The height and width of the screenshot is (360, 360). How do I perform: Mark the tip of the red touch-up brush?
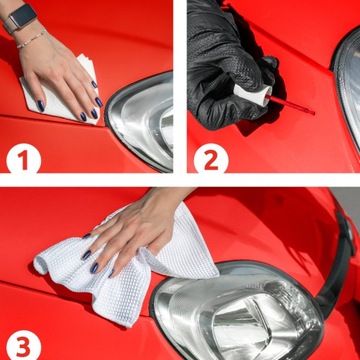311,109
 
